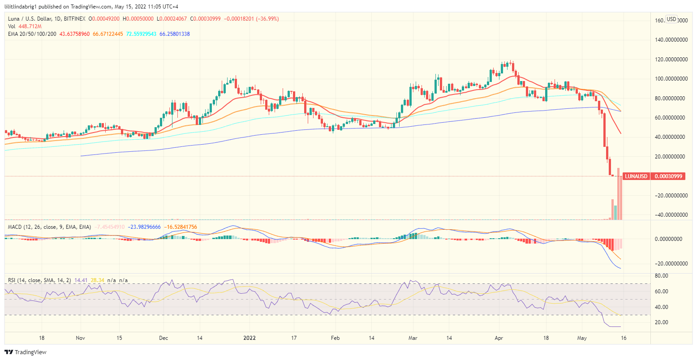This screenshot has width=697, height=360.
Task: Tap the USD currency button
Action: [x=671, y=19]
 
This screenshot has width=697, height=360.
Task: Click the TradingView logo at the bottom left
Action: [x=26, y=352]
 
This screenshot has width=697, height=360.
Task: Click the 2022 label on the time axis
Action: [x=250, y=338]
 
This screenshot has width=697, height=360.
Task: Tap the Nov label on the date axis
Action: [x=81, y=338]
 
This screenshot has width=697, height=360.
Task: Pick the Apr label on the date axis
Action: [x=499, y=338]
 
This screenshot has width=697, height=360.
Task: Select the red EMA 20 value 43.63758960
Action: [x=75, y=34]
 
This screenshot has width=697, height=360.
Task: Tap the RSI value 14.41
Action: [x=81, y=280]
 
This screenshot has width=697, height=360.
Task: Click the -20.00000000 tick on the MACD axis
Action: [x=671, y=263]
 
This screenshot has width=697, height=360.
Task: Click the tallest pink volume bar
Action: [x=619, y=194]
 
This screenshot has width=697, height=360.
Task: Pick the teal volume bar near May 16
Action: [x=615, y=212]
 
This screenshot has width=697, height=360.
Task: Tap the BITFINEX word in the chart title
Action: [x=75, y=19]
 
